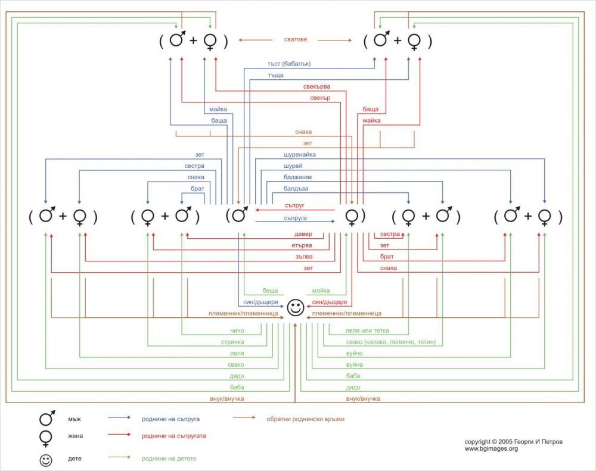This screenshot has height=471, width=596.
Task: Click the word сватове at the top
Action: coord(295,40)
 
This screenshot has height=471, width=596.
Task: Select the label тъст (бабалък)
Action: coord(289,64)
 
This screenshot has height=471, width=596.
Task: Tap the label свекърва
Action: coord(316,86)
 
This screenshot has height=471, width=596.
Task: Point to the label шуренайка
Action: coord(300,154)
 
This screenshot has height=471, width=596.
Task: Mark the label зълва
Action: coord(303,257)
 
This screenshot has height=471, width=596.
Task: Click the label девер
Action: coord(303,235)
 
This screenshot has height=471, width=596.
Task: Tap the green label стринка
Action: coord(232,342)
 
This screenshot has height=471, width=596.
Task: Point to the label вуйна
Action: coord(354,364)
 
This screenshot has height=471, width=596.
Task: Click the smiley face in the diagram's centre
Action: coord(295,308)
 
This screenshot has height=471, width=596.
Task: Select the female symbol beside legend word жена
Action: coord(45,438)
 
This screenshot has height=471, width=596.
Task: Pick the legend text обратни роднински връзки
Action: coord(305,419)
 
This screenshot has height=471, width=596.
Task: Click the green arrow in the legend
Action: coord(119,458)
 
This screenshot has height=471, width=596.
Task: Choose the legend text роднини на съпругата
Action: coord(174,436)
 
